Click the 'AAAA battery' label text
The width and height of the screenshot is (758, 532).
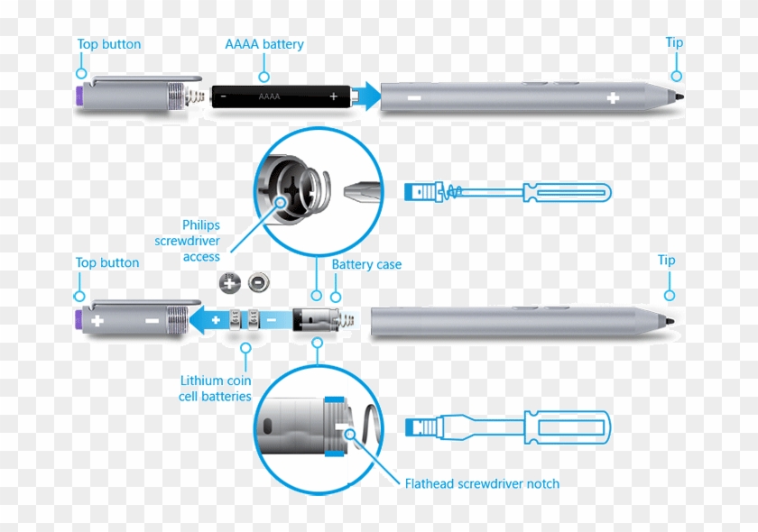(263, 44)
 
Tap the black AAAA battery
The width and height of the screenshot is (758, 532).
(280, 96)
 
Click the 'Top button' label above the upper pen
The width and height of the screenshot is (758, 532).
(108, 44)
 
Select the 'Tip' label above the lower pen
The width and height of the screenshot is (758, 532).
(666, 261)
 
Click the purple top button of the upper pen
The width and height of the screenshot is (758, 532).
(80, 96)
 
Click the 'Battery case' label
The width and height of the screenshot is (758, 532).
(366, 265)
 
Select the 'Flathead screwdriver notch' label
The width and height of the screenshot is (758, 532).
(482, 484)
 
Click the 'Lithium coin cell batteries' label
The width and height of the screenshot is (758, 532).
(215, 389)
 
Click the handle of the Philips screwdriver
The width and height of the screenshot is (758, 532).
(566, 191)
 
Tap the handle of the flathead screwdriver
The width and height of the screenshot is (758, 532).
(566, 428)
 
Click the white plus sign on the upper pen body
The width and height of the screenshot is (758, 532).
(613, 97)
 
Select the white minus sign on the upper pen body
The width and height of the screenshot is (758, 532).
(413, 97)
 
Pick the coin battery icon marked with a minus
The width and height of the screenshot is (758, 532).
(256, 283)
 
